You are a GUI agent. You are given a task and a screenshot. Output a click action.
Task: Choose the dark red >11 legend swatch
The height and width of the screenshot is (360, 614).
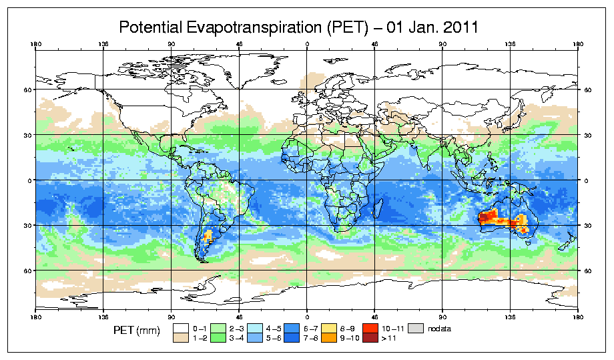[370, 338]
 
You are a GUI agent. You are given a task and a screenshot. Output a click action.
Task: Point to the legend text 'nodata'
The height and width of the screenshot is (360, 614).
[440, 329]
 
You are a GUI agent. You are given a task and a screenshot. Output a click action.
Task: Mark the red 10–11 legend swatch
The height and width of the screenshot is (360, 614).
[370, 329]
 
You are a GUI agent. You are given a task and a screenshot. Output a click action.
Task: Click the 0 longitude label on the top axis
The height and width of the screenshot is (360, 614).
[307, 45]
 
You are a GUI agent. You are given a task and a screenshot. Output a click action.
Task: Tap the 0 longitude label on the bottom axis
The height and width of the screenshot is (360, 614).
[307, 315]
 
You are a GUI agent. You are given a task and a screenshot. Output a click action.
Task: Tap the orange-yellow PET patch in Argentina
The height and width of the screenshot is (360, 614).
[208, 235]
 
